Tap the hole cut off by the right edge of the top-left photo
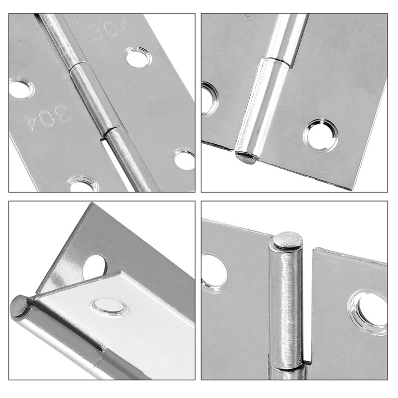(185, 160)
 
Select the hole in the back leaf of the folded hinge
(95, 266)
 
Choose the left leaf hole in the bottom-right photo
(214, 271)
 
